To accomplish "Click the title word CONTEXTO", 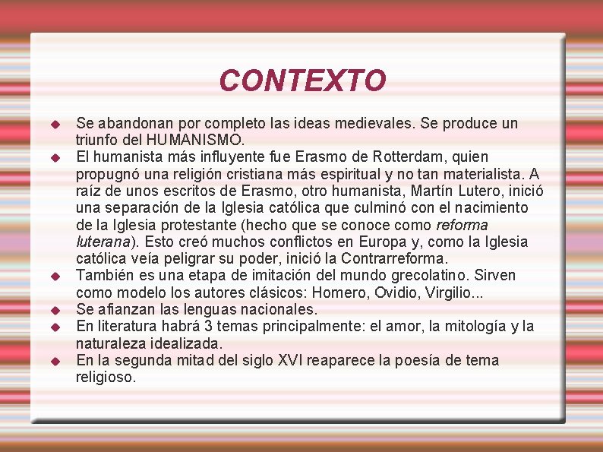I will point(302,80).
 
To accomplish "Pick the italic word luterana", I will point(104,242).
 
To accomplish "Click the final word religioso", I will point(106,377).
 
